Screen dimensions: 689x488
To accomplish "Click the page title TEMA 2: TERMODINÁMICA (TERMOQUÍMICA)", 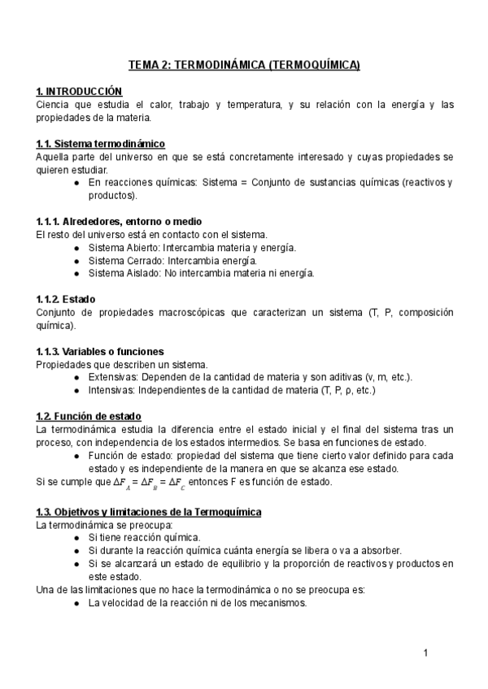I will point(244,65).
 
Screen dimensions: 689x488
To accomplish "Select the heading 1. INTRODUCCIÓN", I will point(79,91).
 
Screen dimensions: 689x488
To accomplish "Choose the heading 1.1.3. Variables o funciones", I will point(100,351).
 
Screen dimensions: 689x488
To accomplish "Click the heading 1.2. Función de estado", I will point(89,416).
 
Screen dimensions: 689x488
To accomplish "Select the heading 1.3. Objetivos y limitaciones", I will point(149,512).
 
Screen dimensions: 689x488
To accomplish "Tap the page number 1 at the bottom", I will point(425,652).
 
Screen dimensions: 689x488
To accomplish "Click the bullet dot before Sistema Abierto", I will point(76,248).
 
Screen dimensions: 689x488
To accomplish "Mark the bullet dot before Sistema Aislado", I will point(76,274).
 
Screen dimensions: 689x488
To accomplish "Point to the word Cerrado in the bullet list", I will point(144,261).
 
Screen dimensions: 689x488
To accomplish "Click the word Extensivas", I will point(113,377).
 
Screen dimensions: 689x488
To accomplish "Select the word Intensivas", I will point(112,390).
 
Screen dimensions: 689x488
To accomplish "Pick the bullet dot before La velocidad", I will point(76,603).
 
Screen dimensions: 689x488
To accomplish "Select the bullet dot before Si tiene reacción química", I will point(76,538).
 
